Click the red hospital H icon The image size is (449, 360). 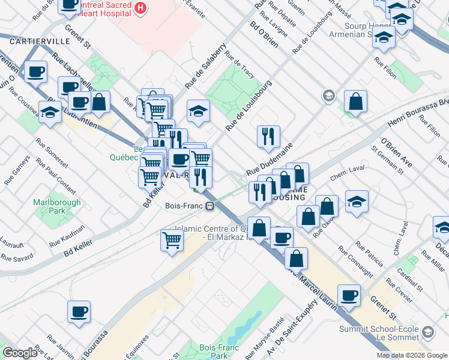pyautogui.click(x=140, y=8)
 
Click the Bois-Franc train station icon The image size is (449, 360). pyautogui.click(x=210, y=206)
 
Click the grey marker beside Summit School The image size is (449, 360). pyautogui.click(x=428, y=331)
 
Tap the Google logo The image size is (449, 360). pyautogui.click(x=20, y=353)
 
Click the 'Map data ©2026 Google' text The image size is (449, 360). pyautogui.click(x=412, y=355)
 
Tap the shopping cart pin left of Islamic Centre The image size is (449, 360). pyautogui.click(x=172, y=241)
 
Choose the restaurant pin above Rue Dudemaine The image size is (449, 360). pyautogui.click(x=268, y=137)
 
